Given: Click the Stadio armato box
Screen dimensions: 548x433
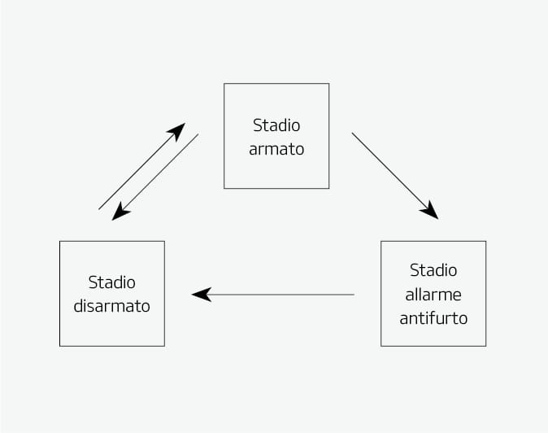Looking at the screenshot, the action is point(276,136).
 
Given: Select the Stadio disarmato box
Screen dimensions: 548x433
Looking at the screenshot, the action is point(112,294).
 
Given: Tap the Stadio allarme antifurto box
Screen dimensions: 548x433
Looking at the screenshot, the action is point(433,294).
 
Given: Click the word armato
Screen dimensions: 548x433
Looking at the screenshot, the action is point(276,149).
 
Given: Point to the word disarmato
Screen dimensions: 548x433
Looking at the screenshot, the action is point(112,306).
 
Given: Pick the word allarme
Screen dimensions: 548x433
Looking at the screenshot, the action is point(433,295).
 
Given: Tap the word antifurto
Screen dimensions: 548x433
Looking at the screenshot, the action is point(433,318).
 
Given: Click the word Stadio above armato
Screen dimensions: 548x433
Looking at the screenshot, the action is point(276,125).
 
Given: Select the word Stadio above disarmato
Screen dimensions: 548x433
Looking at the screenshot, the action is point(112,282).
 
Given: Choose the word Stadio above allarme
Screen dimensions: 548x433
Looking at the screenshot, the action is point(433,270).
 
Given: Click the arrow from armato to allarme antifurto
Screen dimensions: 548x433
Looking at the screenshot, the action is point(395,176).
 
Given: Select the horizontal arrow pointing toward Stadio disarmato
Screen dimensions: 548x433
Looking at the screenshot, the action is point(273,295).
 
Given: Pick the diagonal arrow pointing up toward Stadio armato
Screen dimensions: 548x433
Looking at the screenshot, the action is point(142,166).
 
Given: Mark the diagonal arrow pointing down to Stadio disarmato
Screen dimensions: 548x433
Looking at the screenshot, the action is point(155,177).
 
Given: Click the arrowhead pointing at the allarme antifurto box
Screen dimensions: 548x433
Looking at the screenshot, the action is point(430,211).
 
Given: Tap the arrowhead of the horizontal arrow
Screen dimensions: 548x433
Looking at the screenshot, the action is point(202,295).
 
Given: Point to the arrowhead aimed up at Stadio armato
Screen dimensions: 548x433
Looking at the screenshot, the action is point(176,132).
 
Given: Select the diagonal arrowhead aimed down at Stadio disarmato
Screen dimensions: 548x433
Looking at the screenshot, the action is point(120,212).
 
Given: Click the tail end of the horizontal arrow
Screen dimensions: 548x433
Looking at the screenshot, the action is point(354,295).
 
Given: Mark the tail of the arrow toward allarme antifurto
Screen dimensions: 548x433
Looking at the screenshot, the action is point(352,133).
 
